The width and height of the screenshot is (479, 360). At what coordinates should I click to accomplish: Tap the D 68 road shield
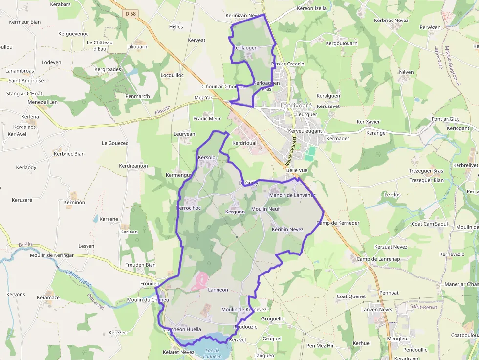point(131,14)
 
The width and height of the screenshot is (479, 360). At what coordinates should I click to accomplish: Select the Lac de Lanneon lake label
point(213,353)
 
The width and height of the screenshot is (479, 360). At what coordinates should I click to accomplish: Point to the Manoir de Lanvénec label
point(292,195)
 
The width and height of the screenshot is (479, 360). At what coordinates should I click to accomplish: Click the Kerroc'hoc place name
point(188,208)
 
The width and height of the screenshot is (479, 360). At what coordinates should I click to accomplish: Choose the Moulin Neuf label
point(265,209)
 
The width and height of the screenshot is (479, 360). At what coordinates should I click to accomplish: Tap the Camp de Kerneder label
point(338,223)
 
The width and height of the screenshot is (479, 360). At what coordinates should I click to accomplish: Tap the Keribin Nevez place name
point(287,229)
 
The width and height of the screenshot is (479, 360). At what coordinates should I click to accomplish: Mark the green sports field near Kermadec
point(309,153)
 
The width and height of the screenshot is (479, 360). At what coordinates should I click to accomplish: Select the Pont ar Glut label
point(445,119)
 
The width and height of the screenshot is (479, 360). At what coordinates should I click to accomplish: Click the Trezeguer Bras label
point(426,171)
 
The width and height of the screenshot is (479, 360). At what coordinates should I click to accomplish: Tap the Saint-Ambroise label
point(26,81)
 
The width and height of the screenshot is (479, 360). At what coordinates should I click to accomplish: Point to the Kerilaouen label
point(245,48)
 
